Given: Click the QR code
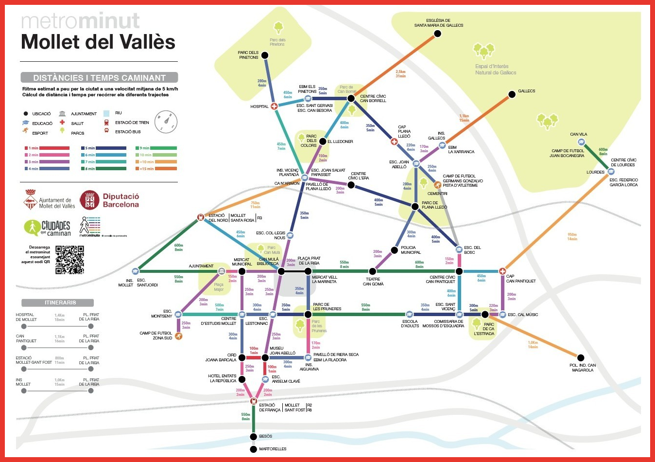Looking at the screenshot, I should pyautogui.click(x=69, y=260).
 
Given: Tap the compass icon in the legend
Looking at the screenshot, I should pyautogui.click(x=166, y=122).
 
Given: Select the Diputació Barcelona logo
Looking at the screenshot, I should pyautogui.click(x=110, y=200).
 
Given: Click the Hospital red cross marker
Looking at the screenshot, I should pyautogui.click(x=274, y=106).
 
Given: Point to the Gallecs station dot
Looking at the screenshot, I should pyautogui.click(x=512, y=94).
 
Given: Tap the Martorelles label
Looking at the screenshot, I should pyautogui.click(x=273, y=449).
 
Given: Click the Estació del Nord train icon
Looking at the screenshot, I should pyautogui.click(x=200, y=217).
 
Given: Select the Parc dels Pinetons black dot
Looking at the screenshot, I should pyautogui.click(x=265, y=55).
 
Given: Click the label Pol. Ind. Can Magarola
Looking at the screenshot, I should pyautogui.click(x=582, y=368).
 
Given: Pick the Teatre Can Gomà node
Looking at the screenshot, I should pyautogui.click(x=372, y=271).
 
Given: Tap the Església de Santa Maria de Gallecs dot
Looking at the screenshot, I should pyautogui.click(x=437, y=34).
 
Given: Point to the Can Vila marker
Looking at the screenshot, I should pyautogui.click(x=581, y=142).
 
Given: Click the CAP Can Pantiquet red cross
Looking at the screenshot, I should pyautogui.click(x=502, y=271).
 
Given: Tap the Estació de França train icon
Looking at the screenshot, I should pyautogui.click(x=253, y=401).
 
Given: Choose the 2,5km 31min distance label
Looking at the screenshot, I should pyautogui.click(x=400, y=74).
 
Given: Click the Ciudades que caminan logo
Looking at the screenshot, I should pyautogui.click(x=48, y=228).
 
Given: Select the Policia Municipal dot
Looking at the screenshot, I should pyautogui.click(x=393, y=251).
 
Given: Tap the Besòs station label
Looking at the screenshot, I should pyautogui.click(x=266, y=436).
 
